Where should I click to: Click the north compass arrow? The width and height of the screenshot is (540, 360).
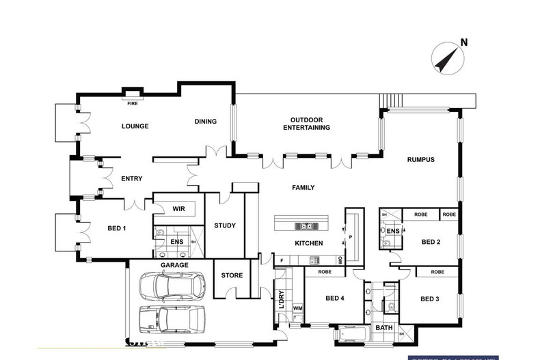(446, 56)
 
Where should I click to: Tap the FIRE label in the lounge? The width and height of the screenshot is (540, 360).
(133, 103)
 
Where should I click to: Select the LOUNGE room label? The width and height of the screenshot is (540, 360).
(135, 126)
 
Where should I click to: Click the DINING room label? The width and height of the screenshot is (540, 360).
(205, 122)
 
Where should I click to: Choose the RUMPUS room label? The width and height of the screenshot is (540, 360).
(421, 160)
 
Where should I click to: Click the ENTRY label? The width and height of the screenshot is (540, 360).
(131, 179)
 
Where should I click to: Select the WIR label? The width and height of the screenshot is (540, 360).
(179, 209)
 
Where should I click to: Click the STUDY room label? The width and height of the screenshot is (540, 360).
(224, 226)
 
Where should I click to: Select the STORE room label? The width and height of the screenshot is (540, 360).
(232, 276)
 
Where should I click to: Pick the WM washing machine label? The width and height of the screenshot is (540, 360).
(297, 309)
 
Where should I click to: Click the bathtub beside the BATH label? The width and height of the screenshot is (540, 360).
(353, 335)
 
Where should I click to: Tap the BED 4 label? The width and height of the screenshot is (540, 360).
(334, 299)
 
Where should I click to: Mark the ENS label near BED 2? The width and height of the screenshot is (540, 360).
(392, 232)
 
